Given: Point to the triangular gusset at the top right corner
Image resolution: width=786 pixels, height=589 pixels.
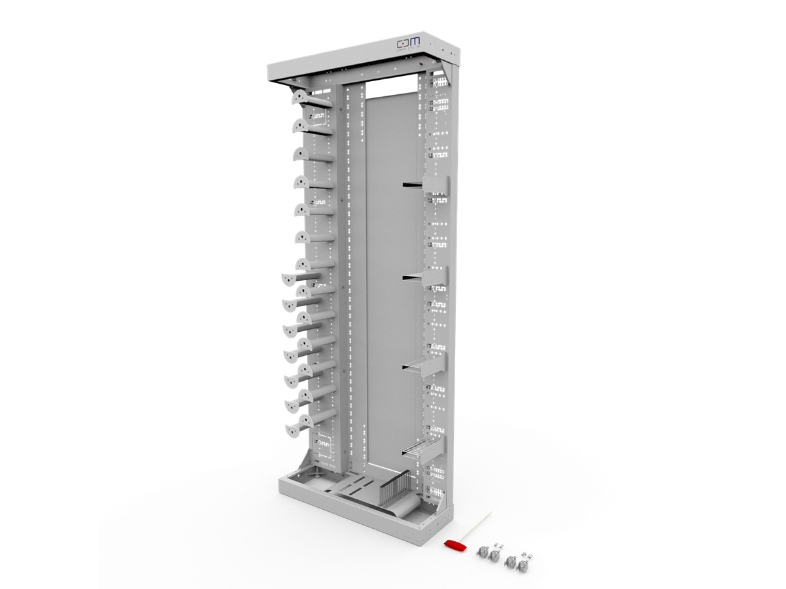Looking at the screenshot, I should coord(448,69).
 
